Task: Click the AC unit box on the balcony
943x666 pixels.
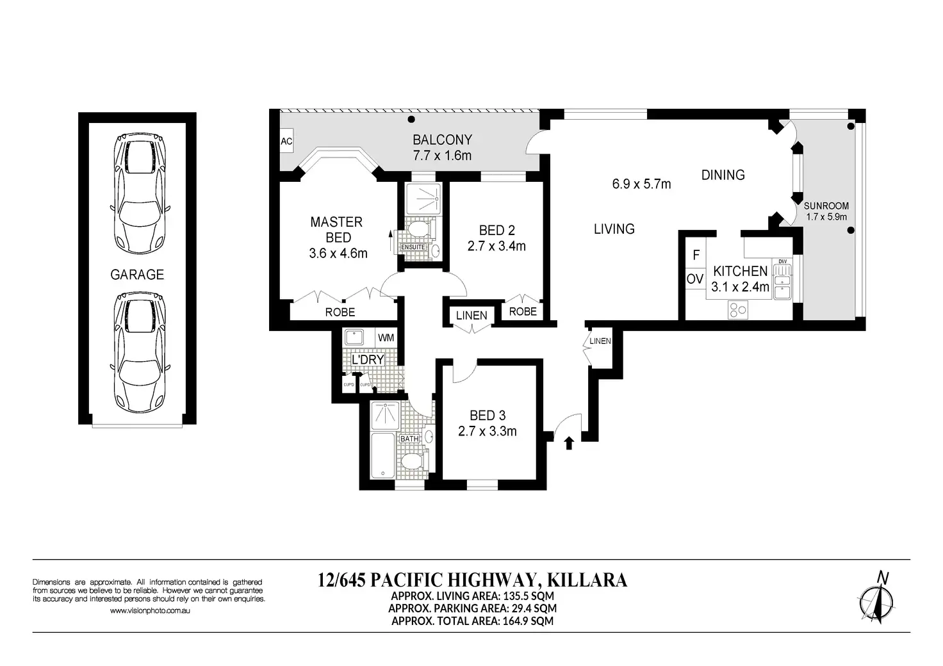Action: tap(287, 141)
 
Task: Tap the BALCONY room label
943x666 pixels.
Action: tap(442, 140)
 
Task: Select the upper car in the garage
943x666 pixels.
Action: tap(140, 194)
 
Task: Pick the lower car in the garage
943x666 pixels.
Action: tap(140, 353)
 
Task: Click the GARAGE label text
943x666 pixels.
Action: tap(137, 275)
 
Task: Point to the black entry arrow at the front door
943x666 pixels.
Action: tap(569, 443)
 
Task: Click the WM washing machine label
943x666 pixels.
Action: tap(386, 338)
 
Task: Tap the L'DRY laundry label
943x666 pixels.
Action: tap(368, 360)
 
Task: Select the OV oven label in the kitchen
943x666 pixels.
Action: tap(695, 279)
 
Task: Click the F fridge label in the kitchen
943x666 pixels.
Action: tap(696, 254)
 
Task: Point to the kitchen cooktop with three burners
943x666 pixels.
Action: tap(737, 311)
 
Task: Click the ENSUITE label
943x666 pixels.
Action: tap(413, 247)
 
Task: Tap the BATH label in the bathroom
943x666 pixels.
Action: tap(409, 439)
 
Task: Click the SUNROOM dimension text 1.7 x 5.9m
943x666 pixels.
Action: tap(826, 217)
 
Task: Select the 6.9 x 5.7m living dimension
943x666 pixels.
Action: tap(641, 184)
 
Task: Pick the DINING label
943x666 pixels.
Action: tap(723, 175)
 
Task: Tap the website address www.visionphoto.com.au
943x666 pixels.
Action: tap(150, 610)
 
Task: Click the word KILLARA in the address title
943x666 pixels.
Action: tap(587, 580)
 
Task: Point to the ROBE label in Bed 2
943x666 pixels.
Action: tap(523, 312)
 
